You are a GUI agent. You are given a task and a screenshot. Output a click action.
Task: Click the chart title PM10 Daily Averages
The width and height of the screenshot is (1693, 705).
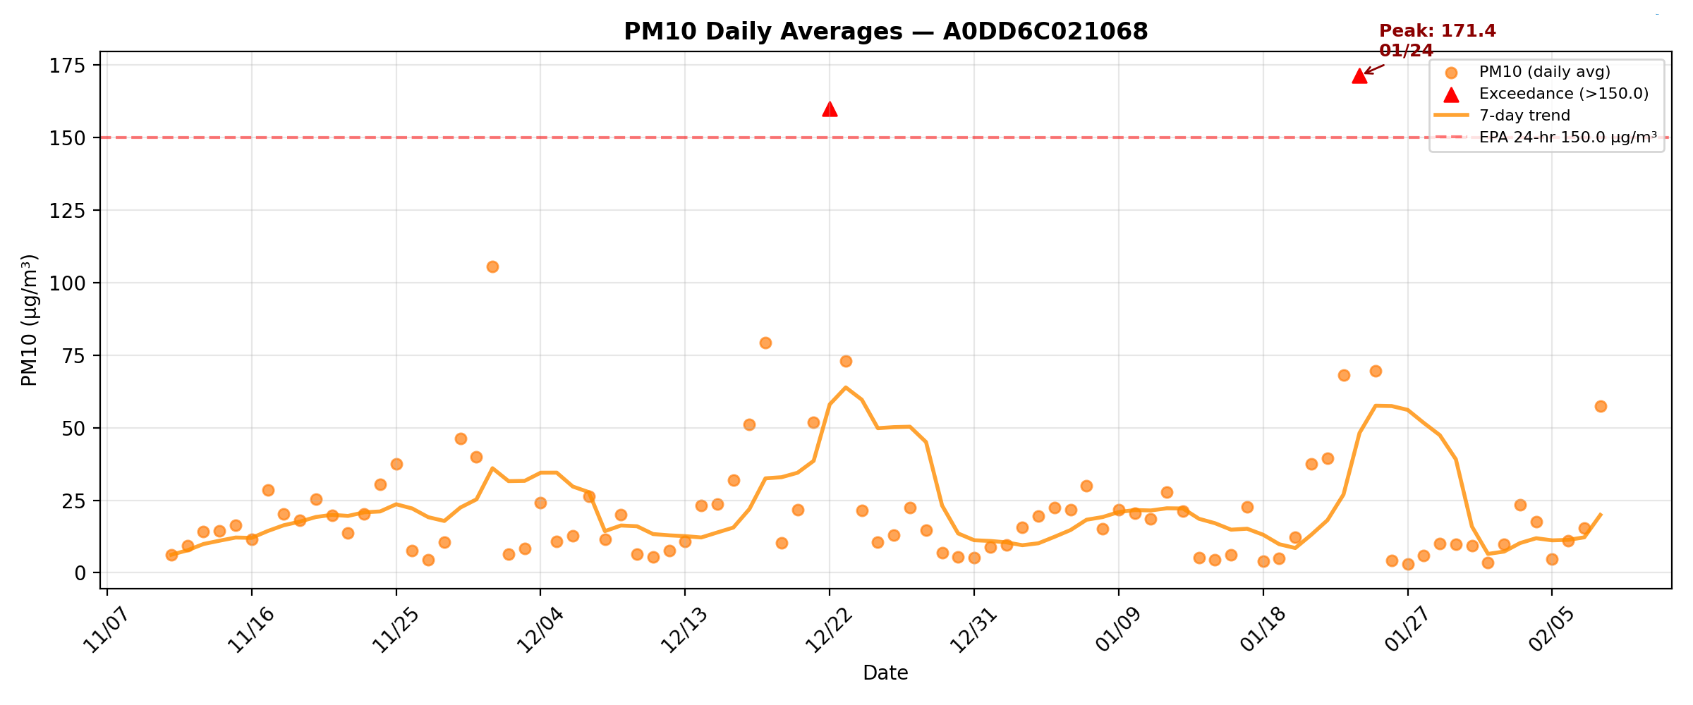pyautogui.click(x=885, y=32)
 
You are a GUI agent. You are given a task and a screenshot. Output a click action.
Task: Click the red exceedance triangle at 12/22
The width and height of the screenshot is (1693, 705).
pyautogui.click(x=830, y=109)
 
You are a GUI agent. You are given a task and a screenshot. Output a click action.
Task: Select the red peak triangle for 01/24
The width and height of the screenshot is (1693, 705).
pyautogui.click(x=1359, y=76)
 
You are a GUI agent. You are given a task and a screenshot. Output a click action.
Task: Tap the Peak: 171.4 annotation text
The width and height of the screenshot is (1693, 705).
pyautogui.click(x=1437, y=32)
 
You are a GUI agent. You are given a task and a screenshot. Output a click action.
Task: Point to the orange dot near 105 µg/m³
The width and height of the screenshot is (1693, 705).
pyautogui.click(x=492, y=266)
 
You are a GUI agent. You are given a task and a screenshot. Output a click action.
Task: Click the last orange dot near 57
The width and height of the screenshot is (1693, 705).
pyautogui.click(x=1601, y=406)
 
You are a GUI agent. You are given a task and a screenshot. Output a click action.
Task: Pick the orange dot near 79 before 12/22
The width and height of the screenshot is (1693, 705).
pyautogui.click(x=765, y=343)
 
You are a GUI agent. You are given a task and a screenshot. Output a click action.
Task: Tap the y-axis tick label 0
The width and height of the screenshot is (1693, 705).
pyautogui.click(x=80, y=573)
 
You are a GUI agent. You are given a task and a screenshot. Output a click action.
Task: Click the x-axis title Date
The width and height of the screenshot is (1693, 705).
pyautogui.click(x=885, y=673)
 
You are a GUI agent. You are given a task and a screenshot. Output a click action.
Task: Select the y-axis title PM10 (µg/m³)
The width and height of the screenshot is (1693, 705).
pyautogui.click(x=29, y=320)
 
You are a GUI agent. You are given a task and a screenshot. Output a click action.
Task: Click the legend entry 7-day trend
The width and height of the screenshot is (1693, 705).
pyautogui.click(x=1524, y=116)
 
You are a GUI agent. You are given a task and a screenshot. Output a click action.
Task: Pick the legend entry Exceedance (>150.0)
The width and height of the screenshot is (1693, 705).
pyautogui.click(x=1563, y=94)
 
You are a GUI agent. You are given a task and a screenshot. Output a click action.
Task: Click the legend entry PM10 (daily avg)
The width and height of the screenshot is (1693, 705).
pyautogui.click(x=1544, y=72)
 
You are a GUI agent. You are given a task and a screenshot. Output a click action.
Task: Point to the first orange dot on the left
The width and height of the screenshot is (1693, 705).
pyautogui.click(x=171, y=555)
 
